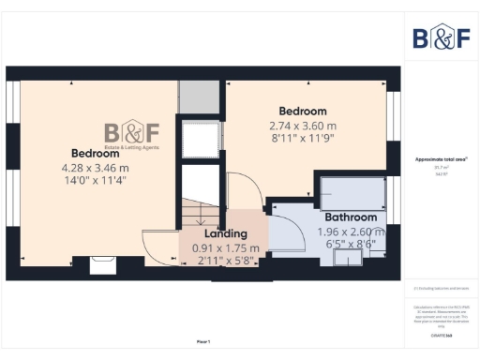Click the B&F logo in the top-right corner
442,37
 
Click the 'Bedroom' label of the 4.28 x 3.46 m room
95,153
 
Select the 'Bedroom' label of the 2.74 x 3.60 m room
302,110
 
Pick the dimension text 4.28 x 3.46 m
95,168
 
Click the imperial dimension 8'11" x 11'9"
302,138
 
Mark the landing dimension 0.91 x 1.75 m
225,247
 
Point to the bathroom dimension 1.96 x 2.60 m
351,232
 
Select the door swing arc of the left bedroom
157,243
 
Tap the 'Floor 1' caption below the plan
203,341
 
